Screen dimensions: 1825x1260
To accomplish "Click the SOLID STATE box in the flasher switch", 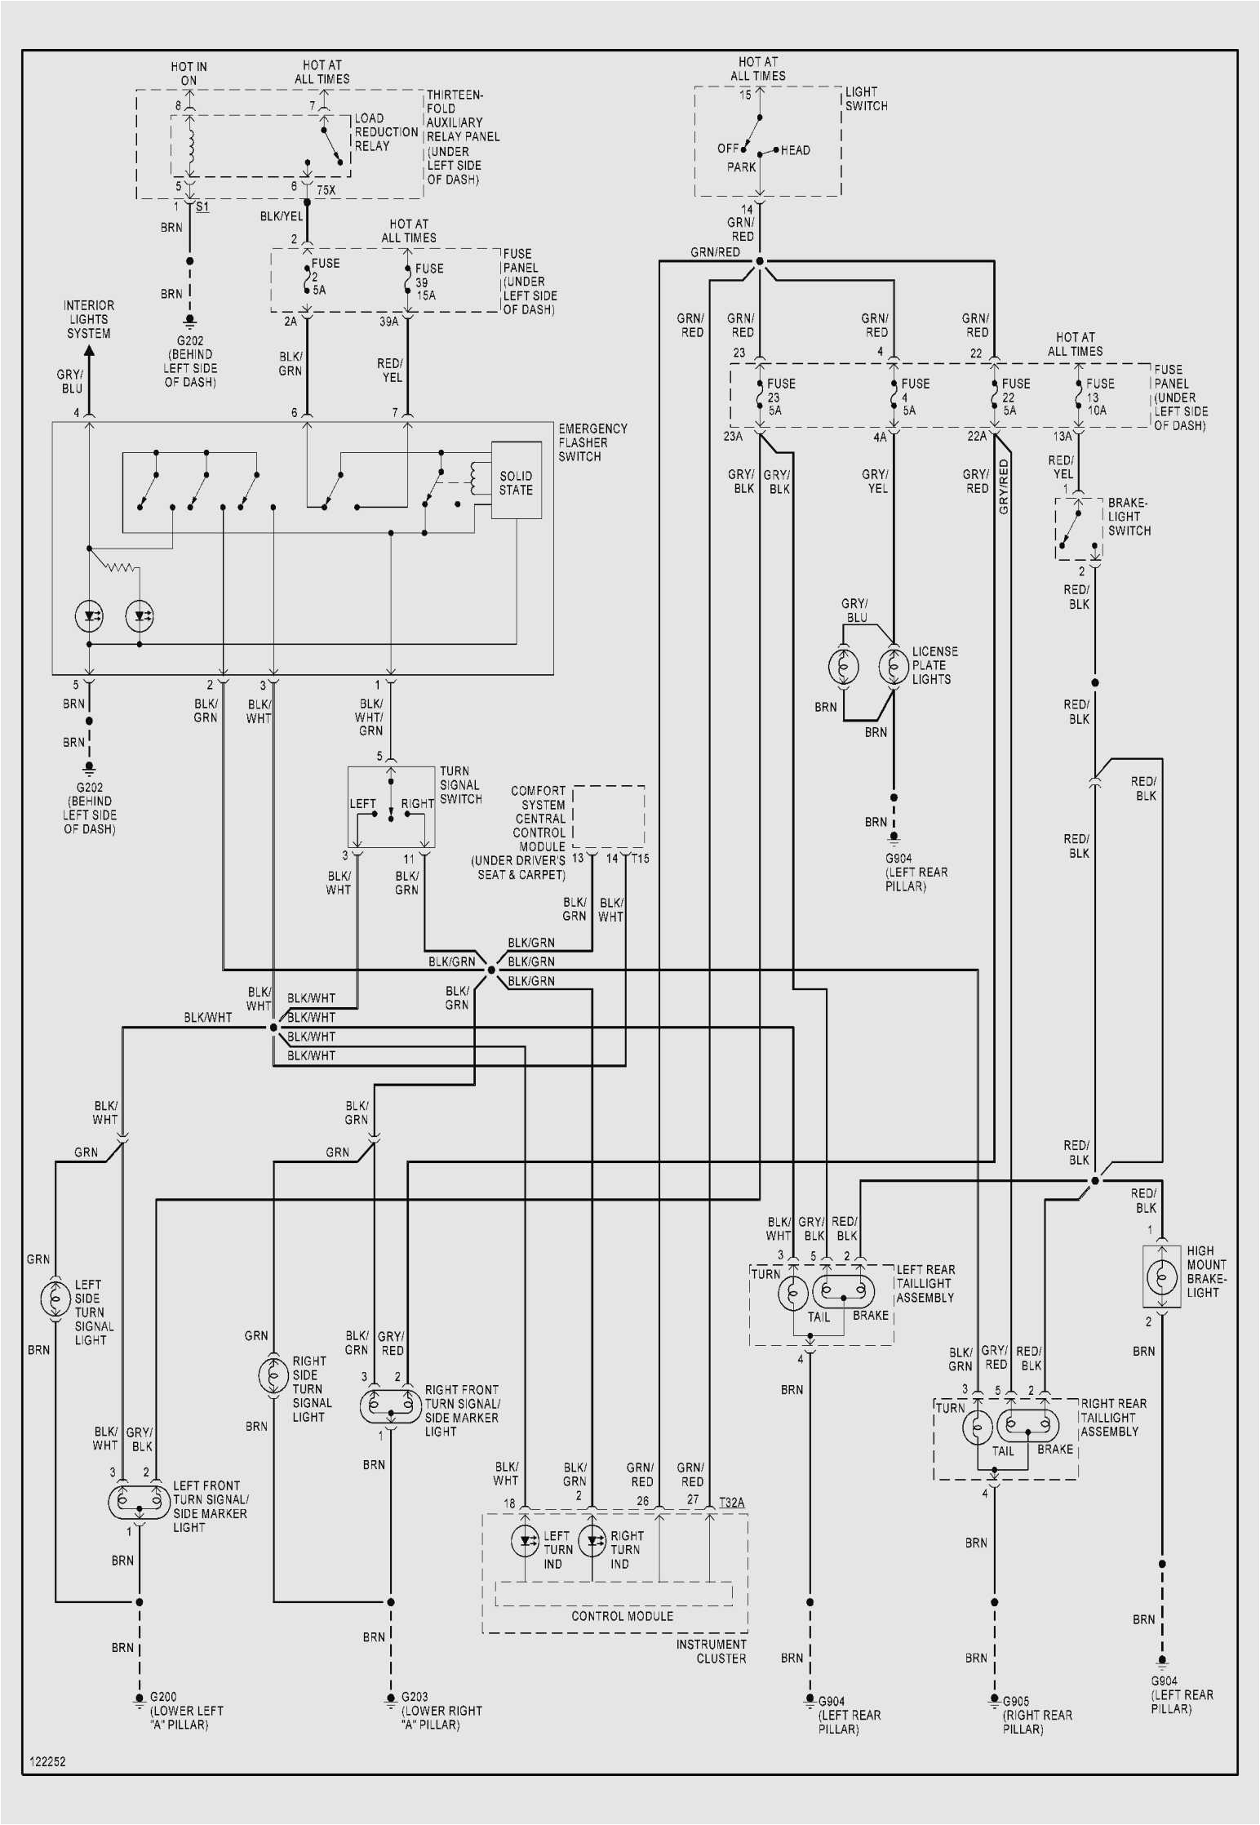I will [516, 482].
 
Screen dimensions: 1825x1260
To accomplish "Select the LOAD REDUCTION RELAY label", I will [385, 132].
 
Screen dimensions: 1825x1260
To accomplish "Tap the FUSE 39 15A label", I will [428, 282].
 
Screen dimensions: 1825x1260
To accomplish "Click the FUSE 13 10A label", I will [1098, 397].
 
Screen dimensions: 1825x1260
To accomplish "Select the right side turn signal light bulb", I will [273, 1375].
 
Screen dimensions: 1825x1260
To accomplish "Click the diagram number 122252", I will [47, 1761].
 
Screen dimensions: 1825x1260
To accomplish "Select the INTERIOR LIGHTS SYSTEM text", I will [89, 319].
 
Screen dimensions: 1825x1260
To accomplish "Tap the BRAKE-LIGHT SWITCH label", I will [1129, 517].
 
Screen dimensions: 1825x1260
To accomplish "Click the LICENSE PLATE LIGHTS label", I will [934, 665].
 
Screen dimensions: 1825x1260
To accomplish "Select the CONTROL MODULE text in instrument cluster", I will [622, 1616].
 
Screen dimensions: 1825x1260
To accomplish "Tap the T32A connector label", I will [731, 1502].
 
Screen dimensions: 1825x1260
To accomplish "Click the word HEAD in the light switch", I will [795, 150].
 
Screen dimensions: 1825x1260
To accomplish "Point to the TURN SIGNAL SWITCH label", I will [460, 785].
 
